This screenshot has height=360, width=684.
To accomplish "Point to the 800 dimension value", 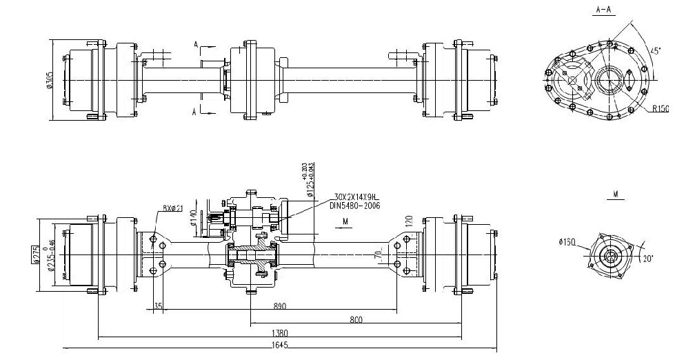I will click(x=357, y=319).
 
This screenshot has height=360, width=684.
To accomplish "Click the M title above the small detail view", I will click(x=614, y=195).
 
